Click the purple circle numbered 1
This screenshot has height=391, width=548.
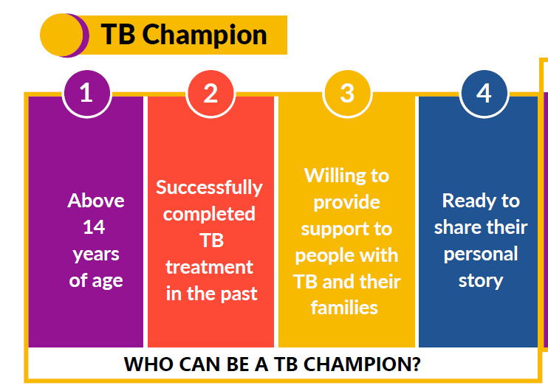pos(86,94)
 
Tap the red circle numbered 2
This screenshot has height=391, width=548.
pos(210,94)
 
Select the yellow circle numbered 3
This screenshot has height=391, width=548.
pos(346,94)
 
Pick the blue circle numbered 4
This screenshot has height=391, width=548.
pos(483,94)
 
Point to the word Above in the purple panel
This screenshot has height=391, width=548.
pos(96,201)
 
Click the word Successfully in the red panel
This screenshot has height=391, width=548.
pos(209,187)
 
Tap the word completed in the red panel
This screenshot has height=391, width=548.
pos(209,214)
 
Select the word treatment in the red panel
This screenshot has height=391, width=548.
pos(209,267)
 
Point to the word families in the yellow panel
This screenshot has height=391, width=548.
pos(345,308)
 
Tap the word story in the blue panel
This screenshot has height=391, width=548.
pos(481,280)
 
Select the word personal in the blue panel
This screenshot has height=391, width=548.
pos(481,254)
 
